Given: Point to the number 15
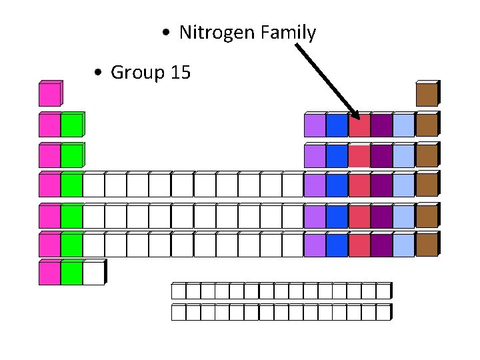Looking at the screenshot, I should [x=181, y=72].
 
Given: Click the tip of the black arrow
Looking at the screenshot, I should [x=358, y=117].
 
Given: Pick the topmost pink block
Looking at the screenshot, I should [x=49, y=95].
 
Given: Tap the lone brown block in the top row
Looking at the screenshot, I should [x=427, y=95].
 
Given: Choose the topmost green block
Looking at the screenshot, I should [x=71, y=125].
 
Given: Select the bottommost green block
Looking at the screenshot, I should [x=71, y=273].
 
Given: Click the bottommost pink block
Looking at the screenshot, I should [x=49, y=273].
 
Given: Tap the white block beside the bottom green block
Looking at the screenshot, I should [x=93, y=273].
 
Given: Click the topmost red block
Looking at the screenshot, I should [x=359, y=126].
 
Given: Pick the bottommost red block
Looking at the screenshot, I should [x=359, y=245].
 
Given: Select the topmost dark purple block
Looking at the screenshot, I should [x=381, y=126].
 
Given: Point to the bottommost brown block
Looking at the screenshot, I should [x=427, y=245].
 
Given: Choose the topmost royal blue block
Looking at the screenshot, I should [x=337, y=126].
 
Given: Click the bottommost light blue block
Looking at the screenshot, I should [x=403, y=245].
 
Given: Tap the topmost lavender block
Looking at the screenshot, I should [x=315, y=126].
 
